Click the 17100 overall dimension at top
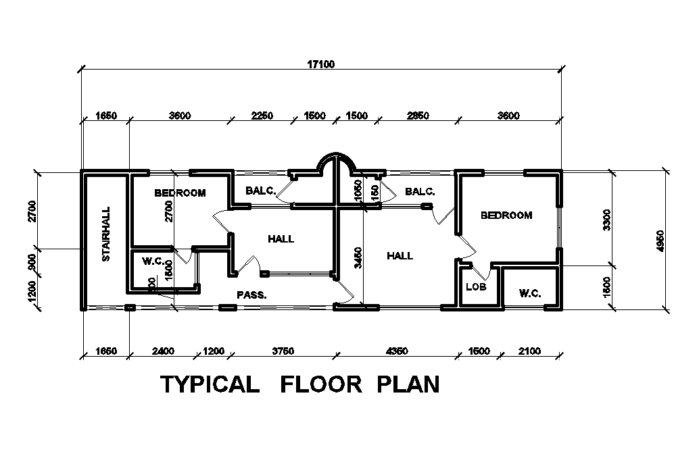pos(322,64)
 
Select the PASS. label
pos(251,295)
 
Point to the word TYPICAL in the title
pos(210,384)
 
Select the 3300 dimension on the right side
pos(607,219)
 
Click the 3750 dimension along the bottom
pos(283,351)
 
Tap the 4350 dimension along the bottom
pos(397,351)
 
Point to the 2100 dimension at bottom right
pos(529,351)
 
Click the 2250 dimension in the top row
pos(262,116)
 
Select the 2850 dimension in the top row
pos(418,116)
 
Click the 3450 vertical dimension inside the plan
pos(359,257)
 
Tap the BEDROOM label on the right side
pos(506,216)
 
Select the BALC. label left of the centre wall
pos(260,191)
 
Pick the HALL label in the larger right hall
pos(400,255)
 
